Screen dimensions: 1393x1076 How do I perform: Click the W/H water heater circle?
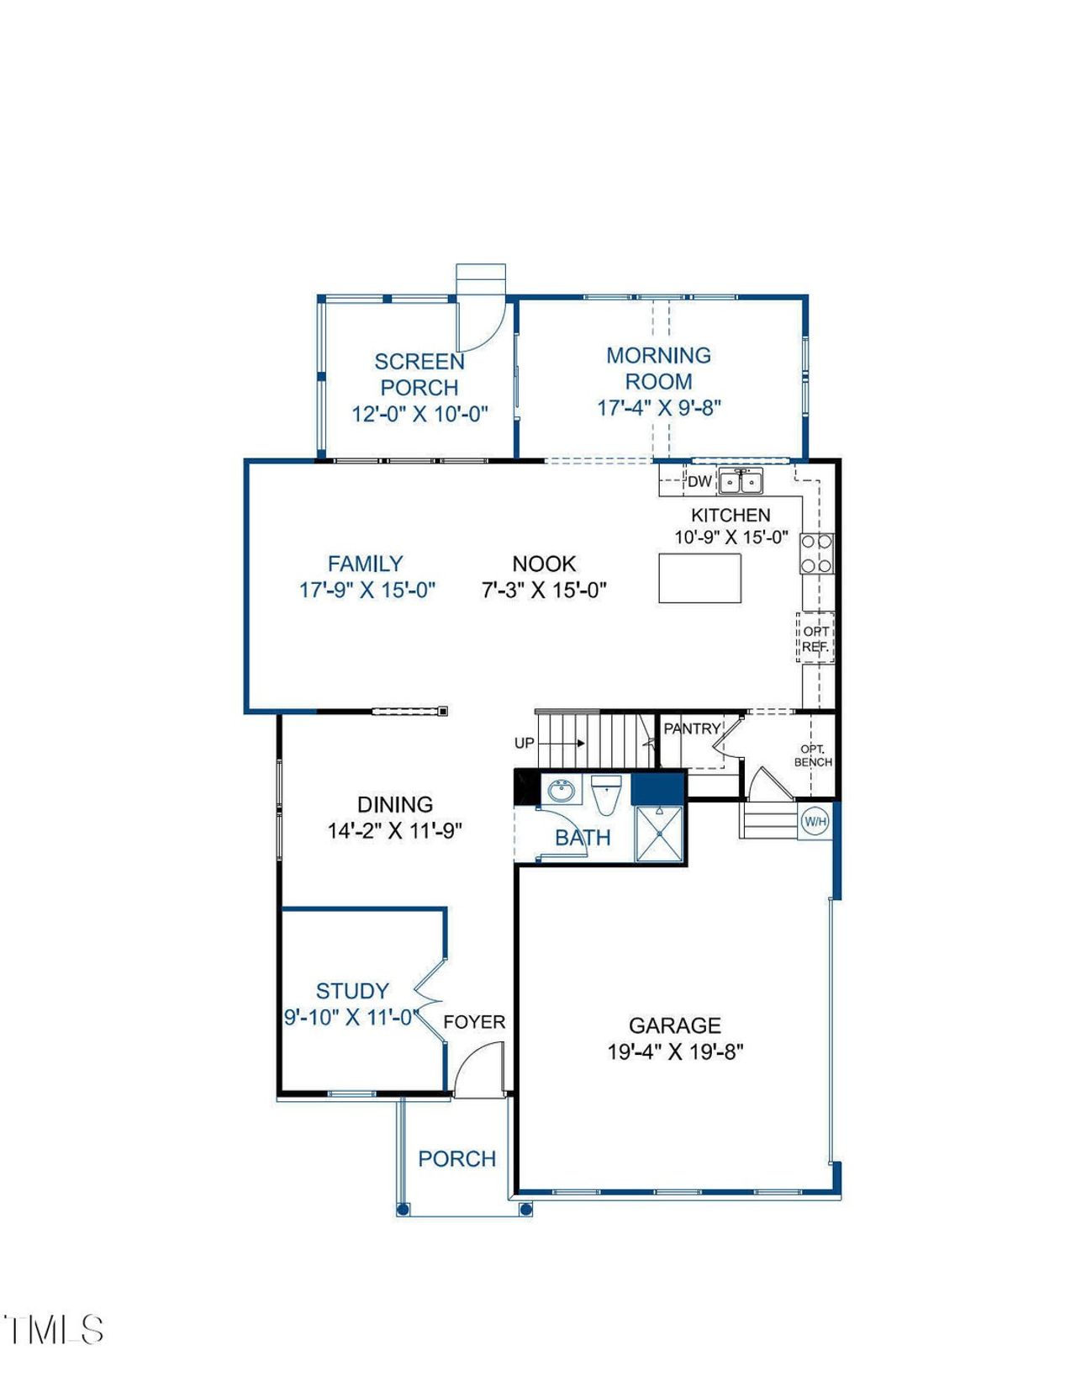[815, 821]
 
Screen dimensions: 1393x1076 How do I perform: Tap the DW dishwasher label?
[699, 482]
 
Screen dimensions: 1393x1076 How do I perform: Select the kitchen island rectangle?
[699, 578]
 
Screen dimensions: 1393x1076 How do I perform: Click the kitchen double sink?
[741, 483]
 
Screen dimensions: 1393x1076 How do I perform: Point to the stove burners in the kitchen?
[816, 553]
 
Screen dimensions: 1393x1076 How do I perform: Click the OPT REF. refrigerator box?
[815, 638]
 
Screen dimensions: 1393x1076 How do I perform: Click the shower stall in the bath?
[658, 834]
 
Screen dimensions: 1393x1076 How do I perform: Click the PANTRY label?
[692, 728]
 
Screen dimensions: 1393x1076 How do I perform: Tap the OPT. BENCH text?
[813, 755]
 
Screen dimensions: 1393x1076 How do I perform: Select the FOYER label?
[474, 1022]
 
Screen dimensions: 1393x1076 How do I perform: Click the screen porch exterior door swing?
[481, 324]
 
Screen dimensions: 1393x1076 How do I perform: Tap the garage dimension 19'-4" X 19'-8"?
[675, 1051]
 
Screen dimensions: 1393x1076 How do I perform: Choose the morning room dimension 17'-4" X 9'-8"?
[659, 408]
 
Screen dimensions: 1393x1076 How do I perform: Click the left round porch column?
[403, 1209]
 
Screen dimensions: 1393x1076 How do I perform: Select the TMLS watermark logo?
[54, 1330]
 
